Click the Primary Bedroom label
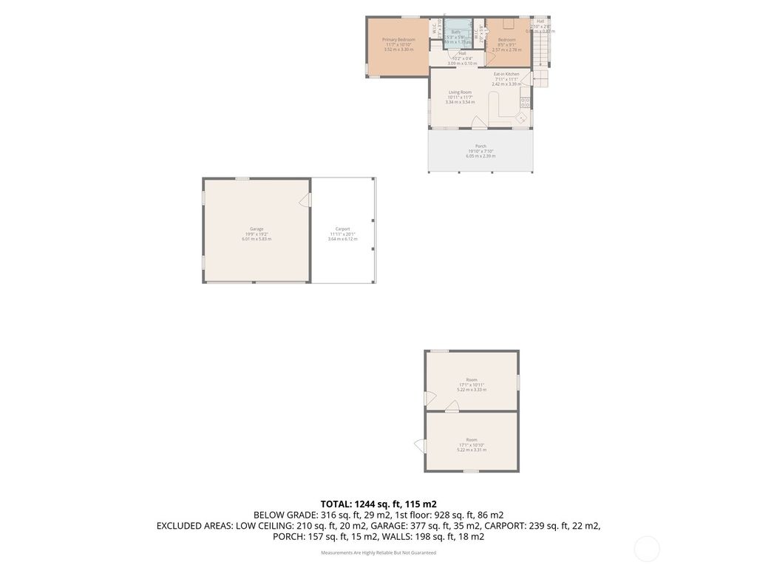[x=398, y=39]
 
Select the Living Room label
[x=459, y=92]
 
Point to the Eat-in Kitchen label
[x=506, y=74]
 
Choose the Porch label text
[x=481, y=146]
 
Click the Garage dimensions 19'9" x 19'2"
[x=257, y=234]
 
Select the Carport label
[x=342, y=229]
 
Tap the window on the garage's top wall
[x=242, y=178]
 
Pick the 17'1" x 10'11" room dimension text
[x=472, y=385]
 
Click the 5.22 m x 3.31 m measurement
[x=472, y=450]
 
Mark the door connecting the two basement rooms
[x=452, y=406]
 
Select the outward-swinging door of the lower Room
[x=420, y=446]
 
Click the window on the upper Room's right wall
[x=518, y=381]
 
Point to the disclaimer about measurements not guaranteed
[x=378, y=552]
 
